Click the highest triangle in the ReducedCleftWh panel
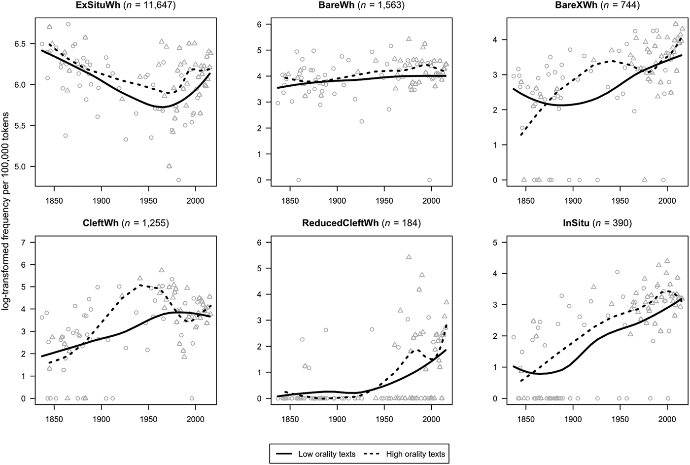tap(409, 257)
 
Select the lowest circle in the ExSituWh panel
tap(178, 180)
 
